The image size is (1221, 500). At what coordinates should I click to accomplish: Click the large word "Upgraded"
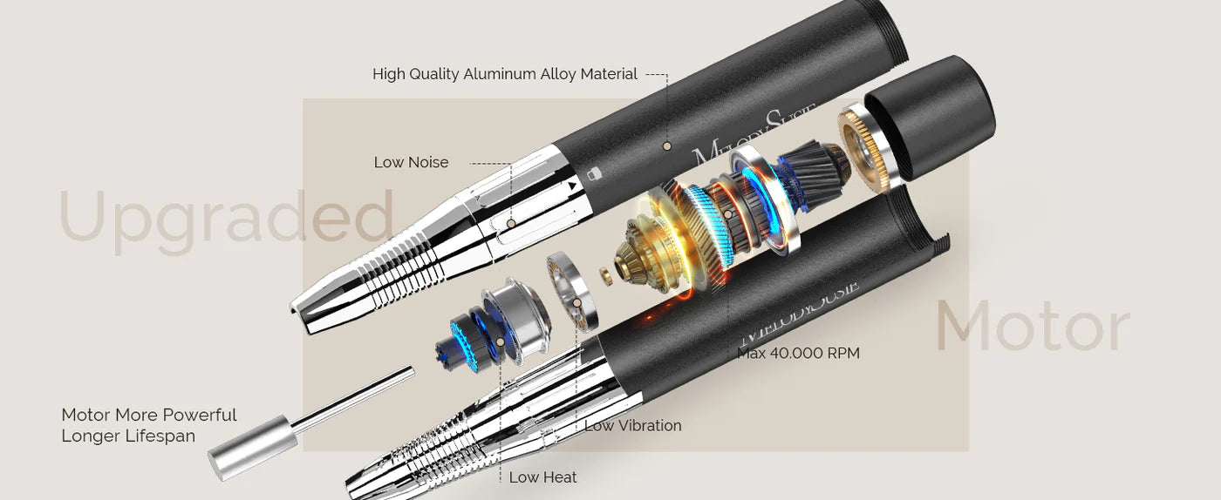tap(225, 220)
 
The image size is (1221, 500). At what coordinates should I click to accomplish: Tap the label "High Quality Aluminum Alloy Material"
tap(505, 75)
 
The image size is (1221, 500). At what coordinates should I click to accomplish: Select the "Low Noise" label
tap(411, 163)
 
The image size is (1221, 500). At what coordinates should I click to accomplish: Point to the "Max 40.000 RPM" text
tap(798, 354)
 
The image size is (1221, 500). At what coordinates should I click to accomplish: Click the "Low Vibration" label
tap(632, 426)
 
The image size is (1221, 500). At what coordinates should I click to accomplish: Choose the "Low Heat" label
tap(542, 477)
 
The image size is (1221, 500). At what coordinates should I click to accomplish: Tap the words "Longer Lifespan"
tap(128, 436)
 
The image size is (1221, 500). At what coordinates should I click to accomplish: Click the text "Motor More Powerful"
tap(149, 416)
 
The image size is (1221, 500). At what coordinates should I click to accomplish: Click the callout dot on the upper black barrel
tap(666, 146)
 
